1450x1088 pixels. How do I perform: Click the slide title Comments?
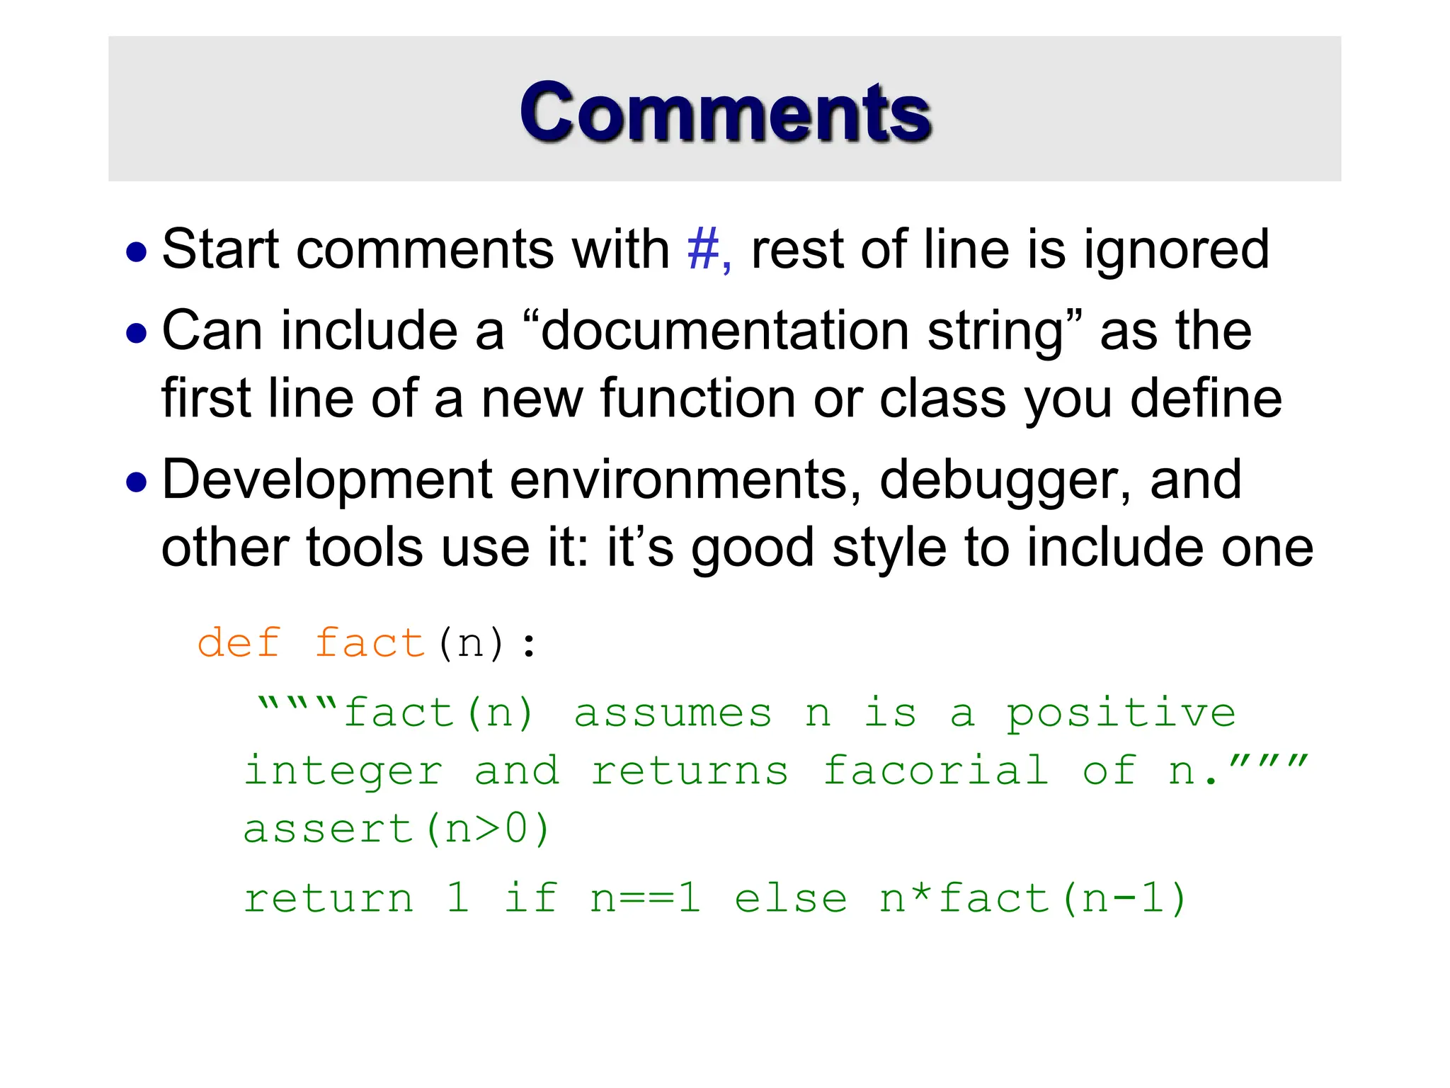pos(725,112)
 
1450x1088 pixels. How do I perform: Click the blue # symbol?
pos(703,249)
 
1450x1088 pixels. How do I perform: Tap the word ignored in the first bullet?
pos(1176,251)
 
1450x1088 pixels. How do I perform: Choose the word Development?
pos(326,480)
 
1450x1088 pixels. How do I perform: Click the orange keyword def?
pos(239,643)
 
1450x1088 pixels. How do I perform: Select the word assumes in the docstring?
pos(673,713)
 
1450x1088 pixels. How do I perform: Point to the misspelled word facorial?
pos(935,771)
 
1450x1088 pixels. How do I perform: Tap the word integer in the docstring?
pos(343,772)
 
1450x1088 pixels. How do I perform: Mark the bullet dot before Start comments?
pos(136,252)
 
